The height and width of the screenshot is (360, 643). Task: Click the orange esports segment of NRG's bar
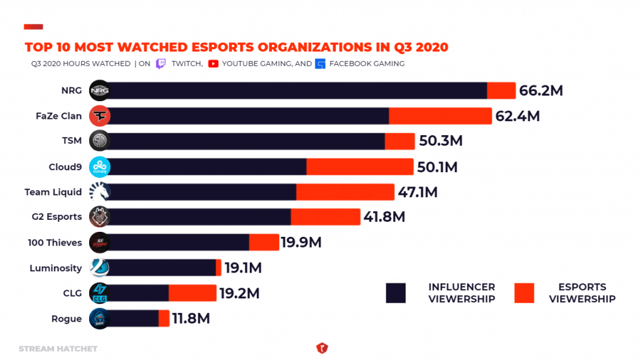coord(501,90)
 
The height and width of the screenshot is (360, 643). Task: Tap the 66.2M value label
coord(541,90)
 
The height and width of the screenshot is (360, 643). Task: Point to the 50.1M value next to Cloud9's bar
coord(438,167)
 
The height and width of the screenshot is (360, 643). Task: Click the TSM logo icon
coord(100,141)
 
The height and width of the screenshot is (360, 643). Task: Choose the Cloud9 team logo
coord(100,167)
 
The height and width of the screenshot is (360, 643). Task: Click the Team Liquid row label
coord(53,192)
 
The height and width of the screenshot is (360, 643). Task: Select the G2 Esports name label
coord(57,217)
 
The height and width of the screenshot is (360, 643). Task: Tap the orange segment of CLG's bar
coord(192,293)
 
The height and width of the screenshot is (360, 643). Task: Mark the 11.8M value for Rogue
coord(191,319)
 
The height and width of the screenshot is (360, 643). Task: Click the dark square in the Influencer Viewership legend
coord(396,293)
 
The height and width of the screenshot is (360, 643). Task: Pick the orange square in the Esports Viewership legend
coord(524,293)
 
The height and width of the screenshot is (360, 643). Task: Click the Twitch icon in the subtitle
coord(161,63)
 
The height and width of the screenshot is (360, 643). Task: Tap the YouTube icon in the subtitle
coord(213,63)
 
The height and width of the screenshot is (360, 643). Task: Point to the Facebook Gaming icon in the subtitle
coord(321,63)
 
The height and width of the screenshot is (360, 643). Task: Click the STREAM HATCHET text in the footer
coord(58,348)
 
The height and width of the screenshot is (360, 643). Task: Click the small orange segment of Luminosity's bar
coord(219,268)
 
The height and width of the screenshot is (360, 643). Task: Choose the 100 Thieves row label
coord(55,243)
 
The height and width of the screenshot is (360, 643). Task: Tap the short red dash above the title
coord(33,27)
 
